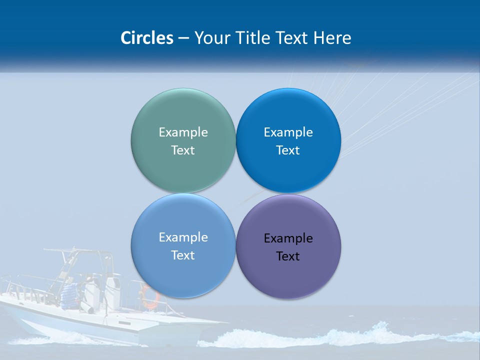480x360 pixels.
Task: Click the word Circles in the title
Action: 146,38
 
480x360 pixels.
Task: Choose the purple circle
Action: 288,275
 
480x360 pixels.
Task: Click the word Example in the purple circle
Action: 288,238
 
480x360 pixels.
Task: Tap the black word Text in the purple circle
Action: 288,256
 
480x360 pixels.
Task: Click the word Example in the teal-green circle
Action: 183,132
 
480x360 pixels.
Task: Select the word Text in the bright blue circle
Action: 288,150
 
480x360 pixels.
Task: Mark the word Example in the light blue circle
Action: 183,237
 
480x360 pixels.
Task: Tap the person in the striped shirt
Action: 69,294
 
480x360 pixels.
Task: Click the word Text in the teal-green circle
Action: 183,150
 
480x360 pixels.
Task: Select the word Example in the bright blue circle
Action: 288,132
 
